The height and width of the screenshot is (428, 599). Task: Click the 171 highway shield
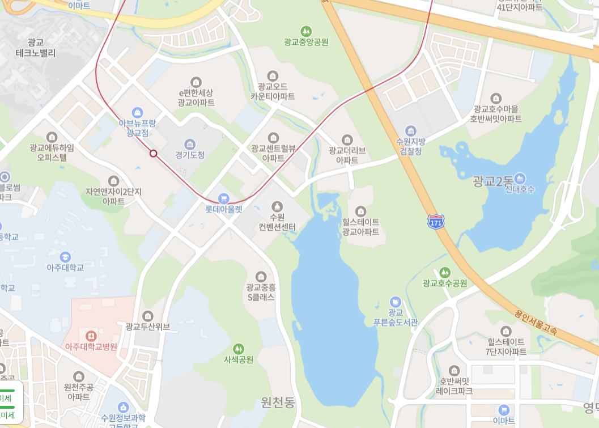(x=436, y=222)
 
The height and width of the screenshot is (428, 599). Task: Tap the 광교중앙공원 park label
(x=306, y=41)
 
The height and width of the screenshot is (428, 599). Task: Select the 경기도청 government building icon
(x=190, y=144)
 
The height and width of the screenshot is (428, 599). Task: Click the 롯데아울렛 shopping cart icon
(x=223, y=198)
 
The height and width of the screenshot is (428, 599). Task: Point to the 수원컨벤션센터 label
(x=277, y=222)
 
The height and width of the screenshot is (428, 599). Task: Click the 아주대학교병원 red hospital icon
(x=88, y=336)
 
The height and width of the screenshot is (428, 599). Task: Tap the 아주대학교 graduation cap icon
(x=65, y=257)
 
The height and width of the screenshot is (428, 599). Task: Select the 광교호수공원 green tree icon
(x=445, y=272)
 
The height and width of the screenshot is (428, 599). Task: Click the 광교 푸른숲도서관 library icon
(x=395, y=302)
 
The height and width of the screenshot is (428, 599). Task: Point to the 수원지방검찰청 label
(x=410, y=146)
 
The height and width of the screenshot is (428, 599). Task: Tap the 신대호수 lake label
(x=520, y=189)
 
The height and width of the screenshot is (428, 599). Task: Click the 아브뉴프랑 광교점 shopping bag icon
(x=137, y=112)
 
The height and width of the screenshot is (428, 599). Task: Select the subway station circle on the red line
(x=153, y=153)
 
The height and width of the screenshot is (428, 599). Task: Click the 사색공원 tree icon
(x=239, y=349)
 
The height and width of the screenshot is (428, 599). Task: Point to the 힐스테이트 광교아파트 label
(x=360, y=227)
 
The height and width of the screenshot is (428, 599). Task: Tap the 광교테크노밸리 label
(x=36, y=48)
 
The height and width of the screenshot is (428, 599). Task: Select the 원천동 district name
(x=278, y=402)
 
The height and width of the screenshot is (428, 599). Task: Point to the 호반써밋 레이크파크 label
(x=453, y=385)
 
